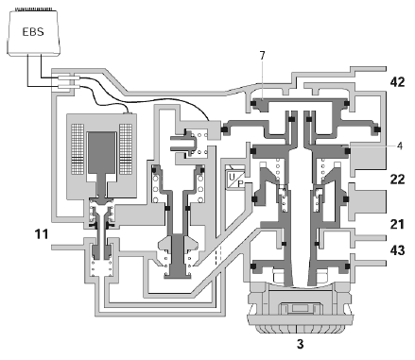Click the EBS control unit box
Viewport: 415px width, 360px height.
[33, 32]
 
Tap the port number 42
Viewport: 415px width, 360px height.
[397, 82]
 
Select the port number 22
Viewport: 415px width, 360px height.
[397, 180]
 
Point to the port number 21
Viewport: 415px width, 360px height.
[397, 224]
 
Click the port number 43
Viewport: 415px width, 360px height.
[397, 250]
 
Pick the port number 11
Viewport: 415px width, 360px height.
[42, 234]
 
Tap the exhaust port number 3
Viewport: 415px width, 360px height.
[301, 344]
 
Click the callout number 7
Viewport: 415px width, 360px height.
[262, 56]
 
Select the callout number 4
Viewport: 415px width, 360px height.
[400, 146]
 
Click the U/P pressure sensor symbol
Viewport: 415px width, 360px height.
[235, 180]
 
